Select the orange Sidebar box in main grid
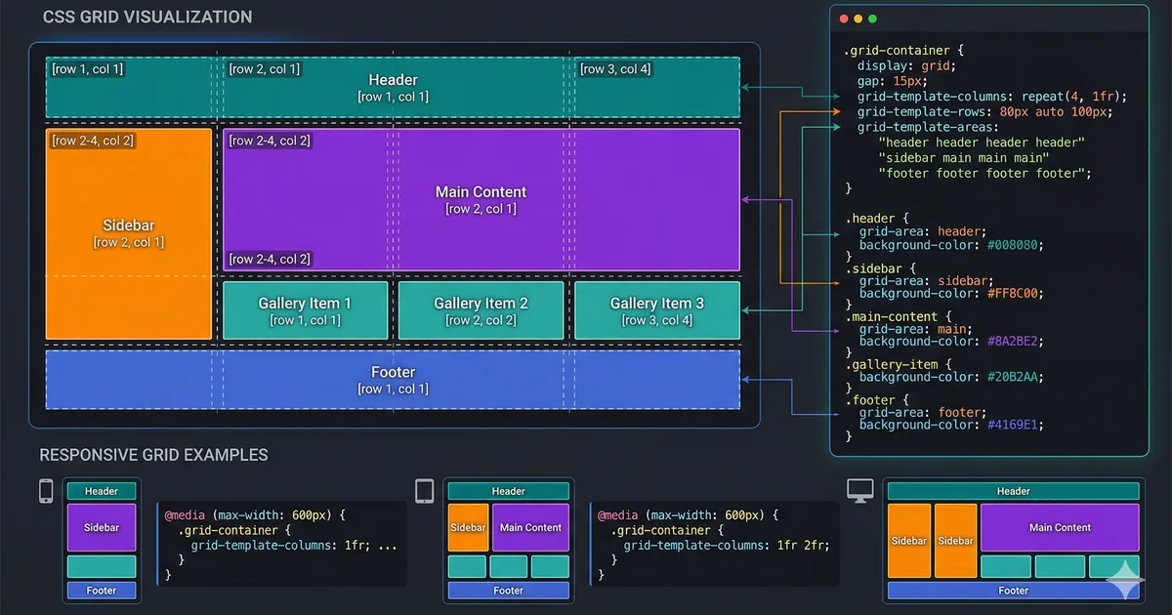click(x=129, y=233)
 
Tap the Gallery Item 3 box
click(x=656, y=310)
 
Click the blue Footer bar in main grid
click(x=393, y=380)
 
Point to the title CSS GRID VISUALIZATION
click(x=147, y=17)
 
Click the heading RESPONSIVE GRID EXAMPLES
click(x=153, y=455)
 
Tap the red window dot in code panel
click(x=844, y=19)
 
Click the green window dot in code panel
click(x=871, y=19)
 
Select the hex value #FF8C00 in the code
click(x=1015, y=293)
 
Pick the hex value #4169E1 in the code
click(x=1015, y=425)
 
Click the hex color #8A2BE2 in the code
click(x=1015, y=341)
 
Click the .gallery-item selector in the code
click(x=894, y=364)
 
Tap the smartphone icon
click(x=46, y=491)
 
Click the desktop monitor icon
click(x=860, y=491)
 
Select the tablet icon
click(x=424, y=491)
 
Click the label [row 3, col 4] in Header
click(x=615, y=69)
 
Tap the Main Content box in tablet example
click(x=530, y=527)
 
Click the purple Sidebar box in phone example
click(x=102, y=527)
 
